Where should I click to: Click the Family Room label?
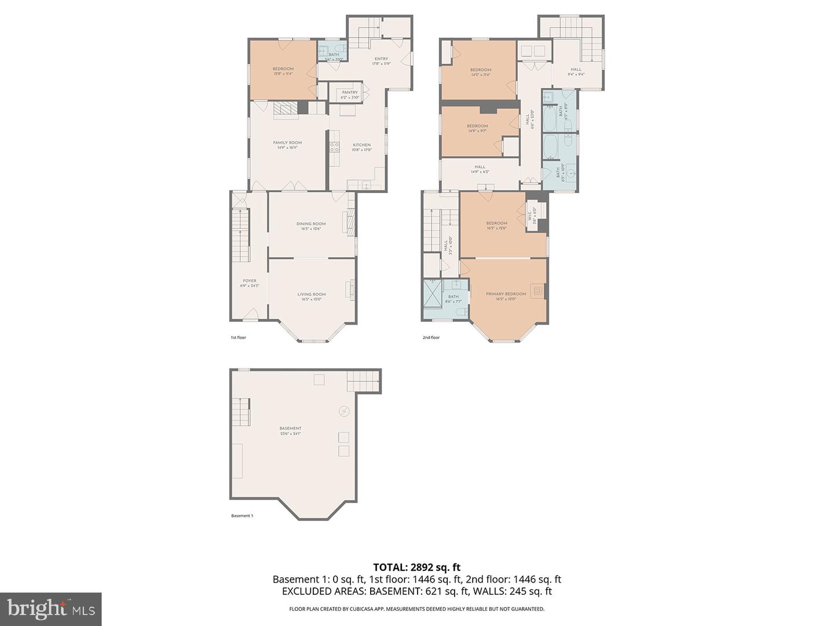[287, 145]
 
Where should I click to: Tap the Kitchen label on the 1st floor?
[362, 147]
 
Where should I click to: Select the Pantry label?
[350, 94]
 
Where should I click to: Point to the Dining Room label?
[311, 226]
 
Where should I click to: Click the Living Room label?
[312, 297]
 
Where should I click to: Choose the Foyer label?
[250, 283]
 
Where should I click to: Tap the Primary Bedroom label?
[506, 296]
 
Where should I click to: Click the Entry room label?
[381, 61]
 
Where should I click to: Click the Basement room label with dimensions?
[291, 431]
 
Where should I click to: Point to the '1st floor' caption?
[238, 337]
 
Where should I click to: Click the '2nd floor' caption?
[431, 337]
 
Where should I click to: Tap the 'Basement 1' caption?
[242, 516]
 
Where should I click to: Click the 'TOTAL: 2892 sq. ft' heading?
[416, 567]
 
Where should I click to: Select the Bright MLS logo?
[51, 609]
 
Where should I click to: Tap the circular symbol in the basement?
[345, 411]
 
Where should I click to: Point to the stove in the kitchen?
[334, 147]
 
